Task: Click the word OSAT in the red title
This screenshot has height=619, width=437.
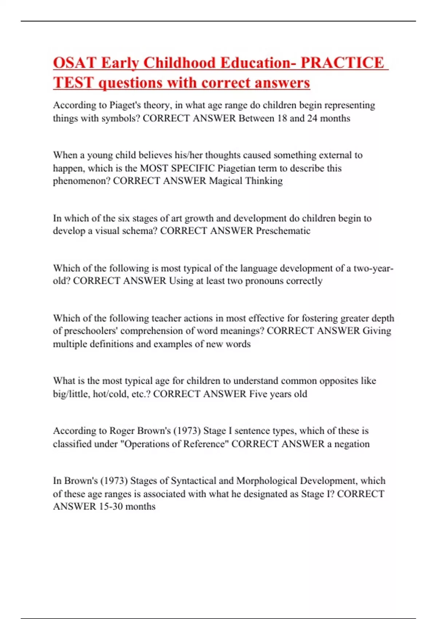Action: (75, 63)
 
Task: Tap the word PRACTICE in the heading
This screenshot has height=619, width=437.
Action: (342, 63)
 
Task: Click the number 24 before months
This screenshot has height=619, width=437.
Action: (312, 118)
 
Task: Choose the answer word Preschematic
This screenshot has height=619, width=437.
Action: (283, 231)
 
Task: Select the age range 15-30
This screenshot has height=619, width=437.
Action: (111, 506)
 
